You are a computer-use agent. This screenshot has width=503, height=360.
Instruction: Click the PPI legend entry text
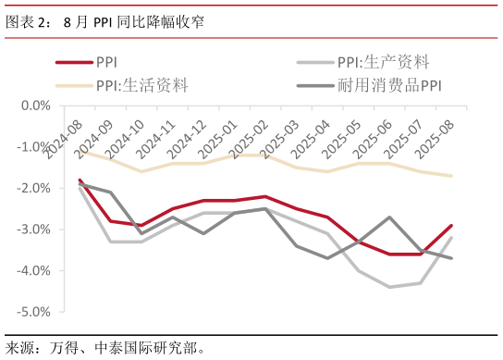pos(108,63)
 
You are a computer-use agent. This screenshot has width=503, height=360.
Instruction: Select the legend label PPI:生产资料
pos(383,63)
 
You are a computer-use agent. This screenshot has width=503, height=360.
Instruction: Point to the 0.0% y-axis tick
pos(35,106)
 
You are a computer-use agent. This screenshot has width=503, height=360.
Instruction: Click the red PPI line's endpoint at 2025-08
pos(451,225)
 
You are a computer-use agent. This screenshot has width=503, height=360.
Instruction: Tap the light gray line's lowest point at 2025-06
pos(389,287)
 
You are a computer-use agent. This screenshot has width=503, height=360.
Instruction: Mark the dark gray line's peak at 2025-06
pos(389,217)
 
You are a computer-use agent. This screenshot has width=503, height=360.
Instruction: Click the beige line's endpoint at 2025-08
pos(451,176)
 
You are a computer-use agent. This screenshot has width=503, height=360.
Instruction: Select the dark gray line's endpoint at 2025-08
pos(451,258)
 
